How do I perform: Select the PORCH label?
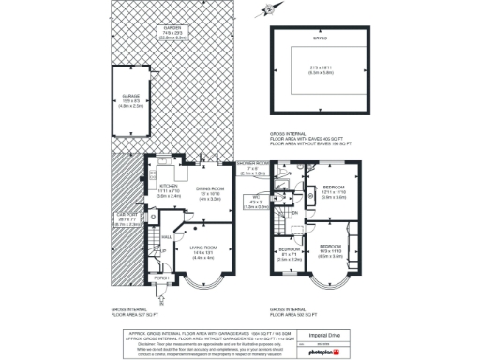coord(160,278)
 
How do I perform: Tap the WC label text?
coord(256,196)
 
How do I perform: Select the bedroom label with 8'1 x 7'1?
coord(288,249)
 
